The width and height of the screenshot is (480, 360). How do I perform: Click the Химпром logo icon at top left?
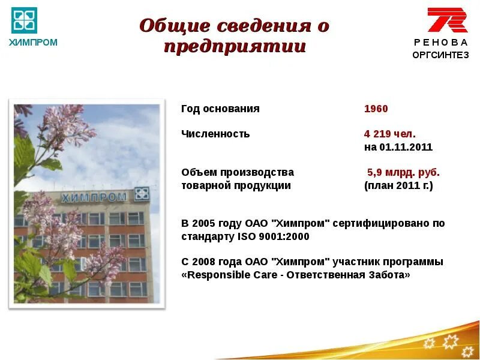coord(24,20)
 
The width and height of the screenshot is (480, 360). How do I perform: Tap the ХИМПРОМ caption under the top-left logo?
coord(33,43)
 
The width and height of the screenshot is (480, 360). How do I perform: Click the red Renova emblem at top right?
coord(447,20)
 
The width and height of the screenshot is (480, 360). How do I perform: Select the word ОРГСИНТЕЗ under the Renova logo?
coord(440,55)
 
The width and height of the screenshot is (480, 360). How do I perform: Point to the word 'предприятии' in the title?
coord(235,47)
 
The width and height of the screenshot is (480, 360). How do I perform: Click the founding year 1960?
coord(376,109)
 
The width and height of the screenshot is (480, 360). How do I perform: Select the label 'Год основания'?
coord(220,109)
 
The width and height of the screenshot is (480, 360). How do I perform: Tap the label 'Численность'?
coord(215,134)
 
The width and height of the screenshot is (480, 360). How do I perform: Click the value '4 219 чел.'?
coord(389,134)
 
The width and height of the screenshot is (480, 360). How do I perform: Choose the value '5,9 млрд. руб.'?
coord(403,172)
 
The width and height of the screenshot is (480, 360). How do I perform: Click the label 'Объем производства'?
coord(238,172)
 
